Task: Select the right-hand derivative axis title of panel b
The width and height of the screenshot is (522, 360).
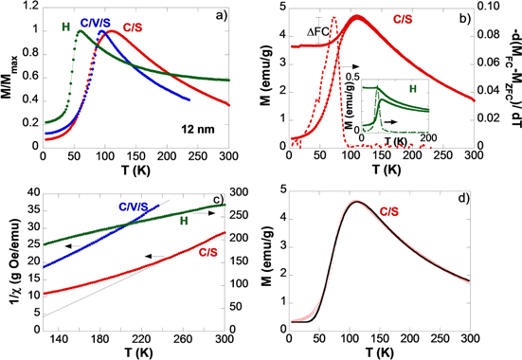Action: pyautogui.click(x=513, y=76)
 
